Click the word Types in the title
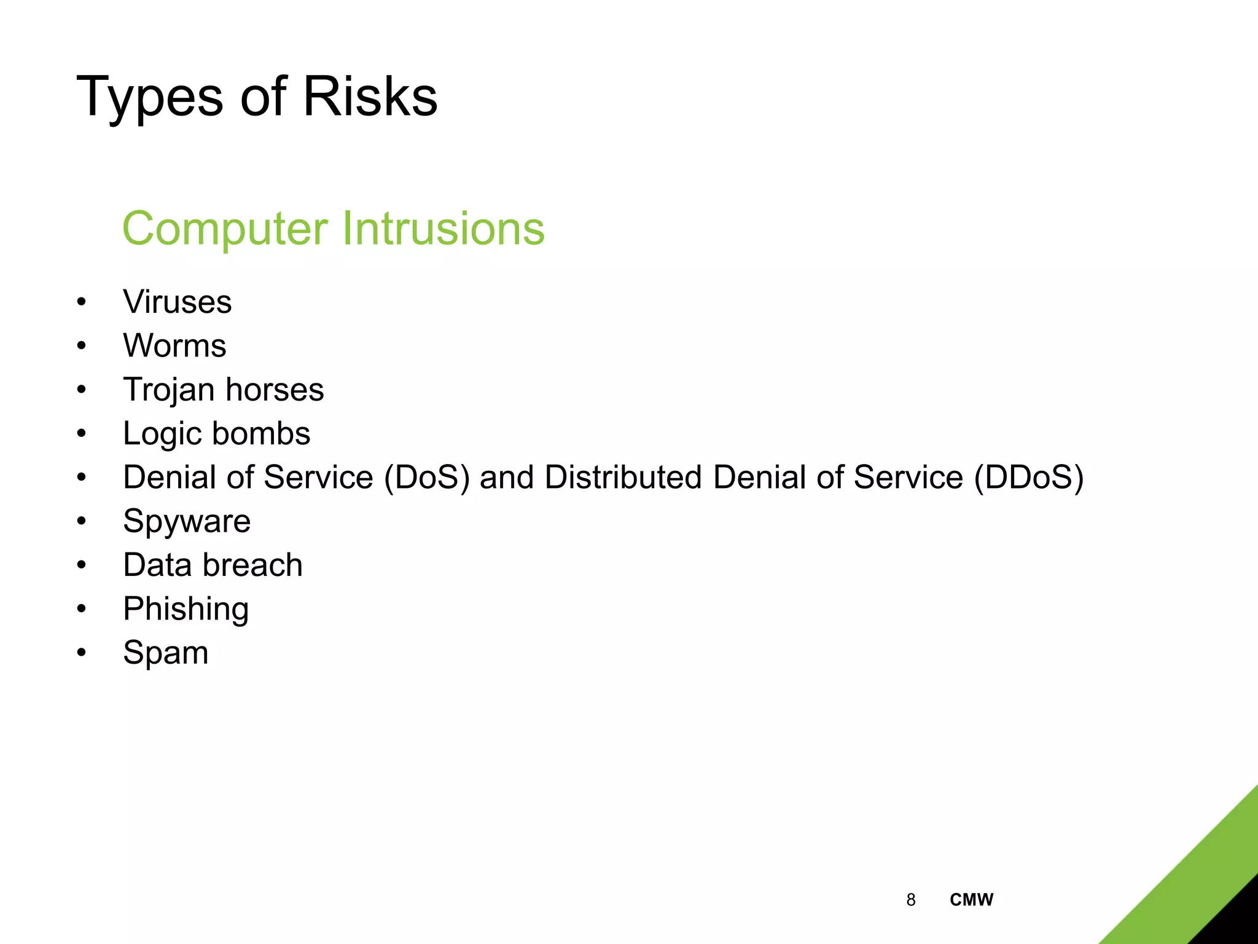click(149, 97)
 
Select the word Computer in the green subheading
click(225, 229)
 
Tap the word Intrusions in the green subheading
click(443, 229)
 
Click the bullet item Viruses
click(177, 302)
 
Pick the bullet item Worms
click(174, 345)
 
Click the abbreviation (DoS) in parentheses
click(426, 478)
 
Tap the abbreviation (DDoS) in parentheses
click(1029, 478)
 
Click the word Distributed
click(623, 478)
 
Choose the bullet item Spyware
click(187, 522)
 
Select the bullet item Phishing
click(186, 609)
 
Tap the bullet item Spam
click(165, 653)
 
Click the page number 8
click(910, 900)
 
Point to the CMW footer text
click(971, 900)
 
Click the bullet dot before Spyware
click(82, 522)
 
